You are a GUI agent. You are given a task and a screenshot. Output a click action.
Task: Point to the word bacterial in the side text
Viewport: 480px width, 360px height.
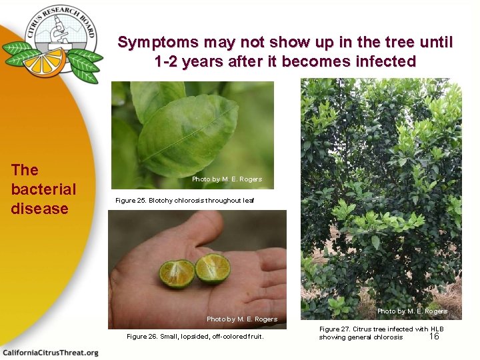pos(43,189)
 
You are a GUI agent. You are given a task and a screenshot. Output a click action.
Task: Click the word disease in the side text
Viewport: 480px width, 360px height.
pos(39,209)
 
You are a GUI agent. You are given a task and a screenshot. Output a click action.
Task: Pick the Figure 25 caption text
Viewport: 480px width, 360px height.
pos(185,201)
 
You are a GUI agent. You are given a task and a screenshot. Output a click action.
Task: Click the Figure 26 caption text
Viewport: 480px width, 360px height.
pos(195,337)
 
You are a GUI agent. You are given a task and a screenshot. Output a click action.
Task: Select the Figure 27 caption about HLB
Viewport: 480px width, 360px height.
pos(380,333)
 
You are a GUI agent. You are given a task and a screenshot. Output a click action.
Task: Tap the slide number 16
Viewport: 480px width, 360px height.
pos(434,337)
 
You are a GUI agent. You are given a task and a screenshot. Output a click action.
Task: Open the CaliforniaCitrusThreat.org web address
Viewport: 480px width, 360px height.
pos(50,352)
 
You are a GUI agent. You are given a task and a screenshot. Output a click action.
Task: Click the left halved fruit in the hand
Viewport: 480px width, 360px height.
pos(177,274)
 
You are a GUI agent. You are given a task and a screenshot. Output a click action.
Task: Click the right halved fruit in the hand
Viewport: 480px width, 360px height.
pos(213,269)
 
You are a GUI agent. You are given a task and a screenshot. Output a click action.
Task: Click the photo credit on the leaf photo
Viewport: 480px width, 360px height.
pos(227,179)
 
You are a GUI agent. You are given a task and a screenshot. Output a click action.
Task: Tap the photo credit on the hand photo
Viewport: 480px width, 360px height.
pos(241,319)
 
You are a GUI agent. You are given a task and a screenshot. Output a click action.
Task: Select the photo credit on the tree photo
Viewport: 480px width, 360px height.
pos(412,311)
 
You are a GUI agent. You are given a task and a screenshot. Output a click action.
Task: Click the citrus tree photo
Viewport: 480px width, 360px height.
pos(381,193)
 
